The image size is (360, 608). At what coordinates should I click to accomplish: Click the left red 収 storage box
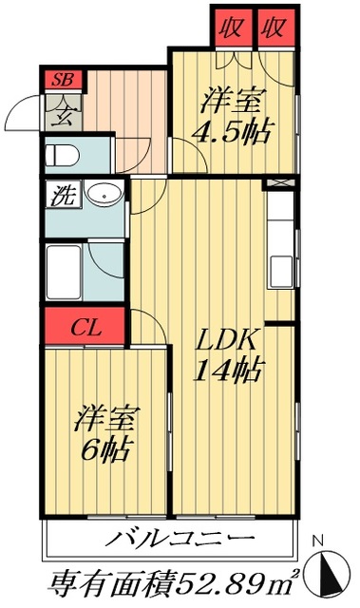pos(231,28)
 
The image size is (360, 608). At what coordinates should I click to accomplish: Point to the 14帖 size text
pos(231,370)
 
